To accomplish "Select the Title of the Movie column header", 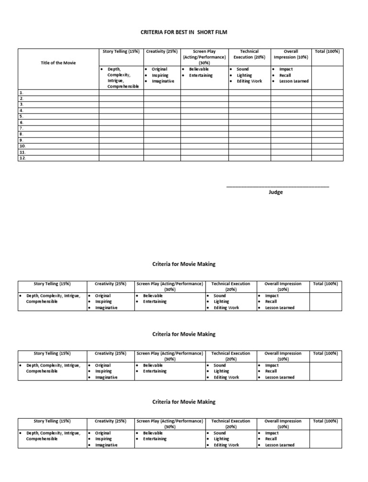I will pyautogui.click(x=58, y=63).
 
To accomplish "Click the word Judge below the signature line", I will pyautogui.click(x=276, y=192).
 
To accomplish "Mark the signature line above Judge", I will pyautogui.click(x=277, y=186).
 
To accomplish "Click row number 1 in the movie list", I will pyautogui.click(x=22, y=92).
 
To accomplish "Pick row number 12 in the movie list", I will pyautogui.click(x=23, y=158).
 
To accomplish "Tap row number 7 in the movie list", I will pyautogui.click(x=22, y=128).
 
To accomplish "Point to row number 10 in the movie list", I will pyautogui.click(x=23, y=146).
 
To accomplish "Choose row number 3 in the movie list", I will pyautogui.click(x=22, y=104).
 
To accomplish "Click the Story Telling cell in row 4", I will pyautogui.click(x=121, y=110).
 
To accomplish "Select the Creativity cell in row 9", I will pyautogui.click(x=162, y=140).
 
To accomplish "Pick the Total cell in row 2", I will pyautogui.click(x=327, y=98).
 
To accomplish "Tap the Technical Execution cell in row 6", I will pyautogui.click(x=249, y=122).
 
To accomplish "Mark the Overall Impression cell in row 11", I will pyautogui.click(x=291, y=152).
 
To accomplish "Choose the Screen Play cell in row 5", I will pyautogui.click(x=204, y=116).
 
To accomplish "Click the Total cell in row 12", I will pyautogui.click(x=327, y=158).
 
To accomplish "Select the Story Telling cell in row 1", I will pyautogui.click(x=121, y=92).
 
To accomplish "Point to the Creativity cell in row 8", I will pyautogui.click(x=162, y=134).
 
